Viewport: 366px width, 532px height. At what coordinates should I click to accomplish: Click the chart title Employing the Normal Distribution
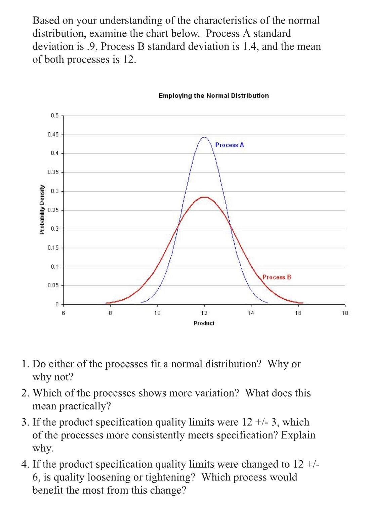(214, 96)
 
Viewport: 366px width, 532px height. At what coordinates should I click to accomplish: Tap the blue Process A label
(230, 145)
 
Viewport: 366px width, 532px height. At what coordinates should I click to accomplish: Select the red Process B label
(277, 277)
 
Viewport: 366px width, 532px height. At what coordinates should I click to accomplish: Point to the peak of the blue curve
(204, 137)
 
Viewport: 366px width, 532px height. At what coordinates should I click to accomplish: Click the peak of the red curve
(204, 197)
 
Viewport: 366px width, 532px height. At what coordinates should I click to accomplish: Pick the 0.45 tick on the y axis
(53, 134)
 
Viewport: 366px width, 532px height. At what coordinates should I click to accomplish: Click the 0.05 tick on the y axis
(53, 285)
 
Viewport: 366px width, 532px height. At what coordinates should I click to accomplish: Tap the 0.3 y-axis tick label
(55, 191)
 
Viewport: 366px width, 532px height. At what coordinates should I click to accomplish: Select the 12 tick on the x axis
(204, 313)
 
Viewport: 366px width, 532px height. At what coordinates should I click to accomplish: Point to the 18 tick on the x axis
(345, 313)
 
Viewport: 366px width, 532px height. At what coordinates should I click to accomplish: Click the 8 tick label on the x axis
(110, 313)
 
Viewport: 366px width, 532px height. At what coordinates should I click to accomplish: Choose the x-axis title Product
(204, 323)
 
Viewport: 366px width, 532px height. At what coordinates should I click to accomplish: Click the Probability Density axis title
(42, 209)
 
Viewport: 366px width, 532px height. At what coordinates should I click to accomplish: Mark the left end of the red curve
(106, 303)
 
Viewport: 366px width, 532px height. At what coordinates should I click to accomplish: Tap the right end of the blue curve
(267, 302)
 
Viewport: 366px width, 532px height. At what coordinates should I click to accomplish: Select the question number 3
(25, 422)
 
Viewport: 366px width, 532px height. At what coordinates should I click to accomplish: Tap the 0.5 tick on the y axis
(55, 115)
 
